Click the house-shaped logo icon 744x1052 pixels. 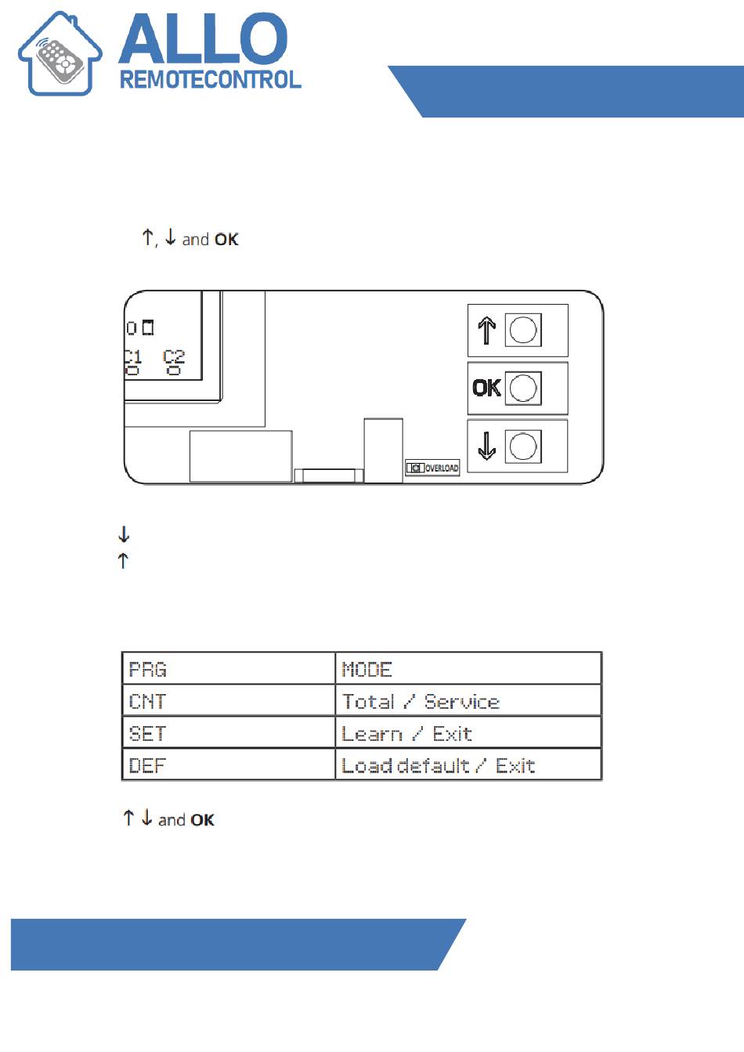pyautogui.click(x=60, y=55)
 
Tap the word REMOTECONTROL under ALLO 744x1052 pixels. pyautogui.click(x=210, y=80)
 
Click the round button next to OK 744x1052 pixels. pyautogui.click(x=523, y=388)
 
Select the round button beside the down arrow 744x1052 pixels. pyautogui.click(x=523, y=446)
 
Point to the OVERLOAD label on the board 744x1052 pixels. pyautogui.click(x=442, y=468)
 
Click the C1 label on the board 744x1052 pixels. pyautogui.click(x=133, y=357)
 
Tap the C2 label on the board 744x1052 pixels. pyautogui.click(x=174, y=357)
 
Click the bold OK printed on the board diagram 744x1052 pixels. pyautogui.click(x=486, y=388)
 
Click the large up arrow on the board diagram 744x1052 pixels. pyautogui.click(x=486, y=330)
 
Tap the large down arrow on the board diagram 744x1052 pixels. pyautogui.click(x=486, y=446)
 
